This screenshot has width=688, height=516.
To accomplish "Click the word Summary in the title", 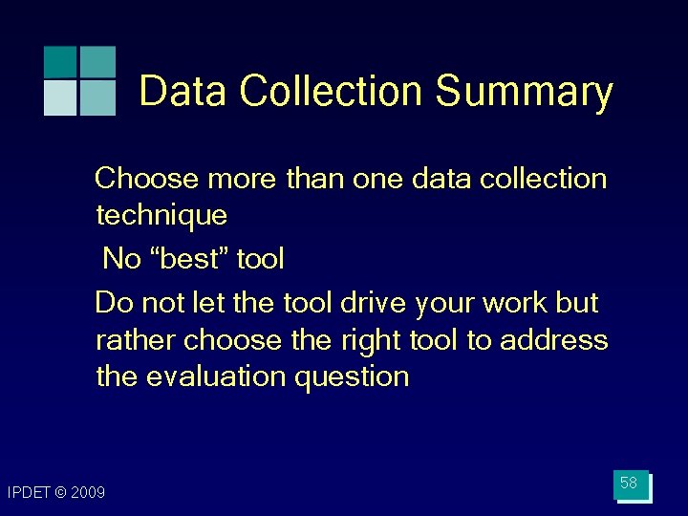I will [524, 92].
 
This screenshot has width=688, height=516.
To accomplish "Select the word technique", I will [161, 215].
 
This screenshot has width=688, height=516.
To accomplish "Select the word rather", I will [136, 339].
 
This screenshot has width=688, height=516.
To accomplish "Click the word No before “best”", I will [120, 258].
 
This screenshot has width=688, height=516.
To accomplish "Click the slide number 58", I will [629, 484].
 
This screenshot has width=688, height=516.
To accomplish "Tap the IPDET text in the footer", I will [30, 493].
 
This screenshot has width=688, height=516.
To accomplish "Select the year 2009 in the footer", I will [89, 493].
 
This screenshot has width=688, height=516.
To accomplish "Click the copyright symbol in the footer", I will [61, 493].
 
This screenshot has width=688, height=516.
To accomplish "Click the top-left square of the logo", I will [60, 61].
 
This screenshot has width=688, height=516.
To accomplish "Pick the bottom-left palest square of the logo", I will [60, 97].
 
